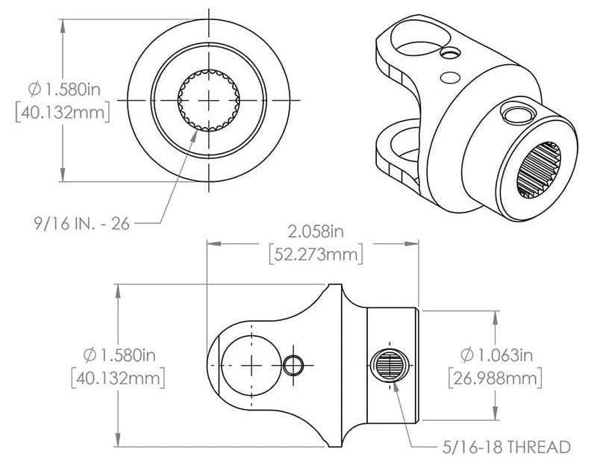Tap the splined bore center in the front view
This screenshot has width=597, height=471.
(208, 100)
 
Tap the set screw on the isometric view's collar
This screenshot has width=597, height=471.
(514, 112)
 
